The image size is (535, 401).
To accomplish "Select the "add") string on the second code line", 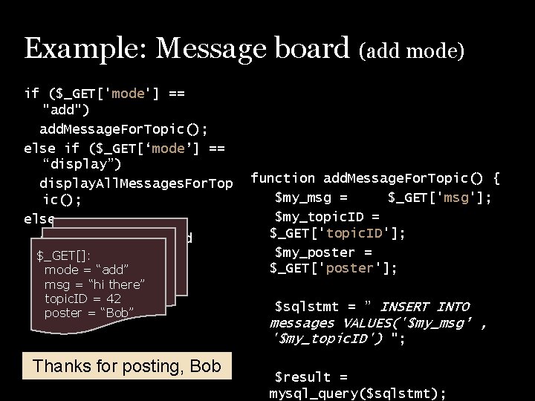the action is (x=68, y=110).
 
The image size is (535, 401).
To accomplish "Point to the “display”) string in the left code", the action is (x=82, y=164).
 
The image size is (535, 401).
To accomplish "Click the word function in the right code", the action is (x=282, y=178).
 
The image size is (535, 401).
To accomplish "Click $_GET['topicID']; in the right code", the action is (x=338, y=234).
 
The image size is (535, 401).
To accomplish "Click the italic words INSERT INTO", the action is (x=425, y=307).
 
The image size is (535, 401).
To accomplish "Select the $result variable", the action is (x=301, y=377).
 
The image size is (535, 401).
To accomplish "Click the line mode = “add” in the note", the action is (x=86, y=270).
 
